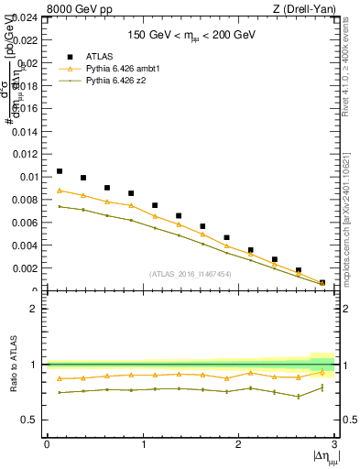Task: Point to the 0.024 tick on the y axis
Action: click(27, 17)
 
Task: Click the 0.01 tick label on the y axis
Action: click(29, 177)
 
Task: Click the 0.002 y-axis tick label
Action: click(27, 268)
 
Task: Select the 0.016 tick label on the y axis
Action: click(27, 109)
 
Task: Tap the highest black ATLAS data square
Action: click(60, 171)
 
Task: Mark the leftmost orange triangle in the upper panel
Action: click(60, 191)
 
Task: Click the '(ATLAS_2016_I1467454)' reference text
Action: click(191, 274)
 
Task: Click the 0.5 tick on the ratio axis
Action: click(32, 420)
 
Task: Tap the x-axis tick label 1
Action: click(143, 444)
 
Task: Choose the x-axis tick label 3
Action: click(333, 444)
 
